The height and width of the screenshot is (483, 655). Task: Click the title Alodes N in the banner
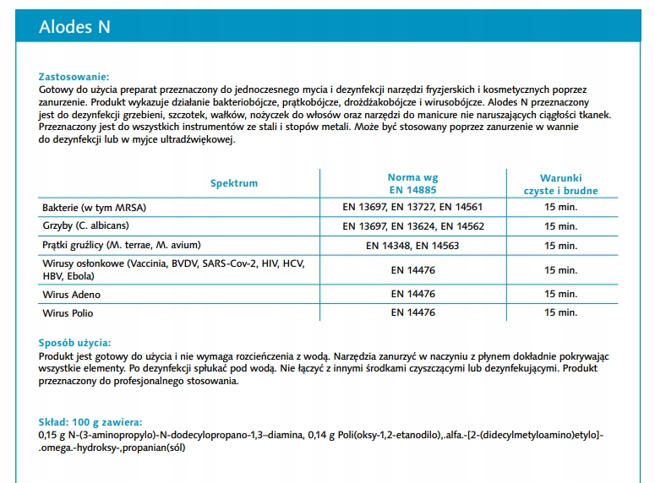(74, 27)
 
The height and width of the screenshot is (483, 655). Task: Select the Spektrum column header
(234, 183)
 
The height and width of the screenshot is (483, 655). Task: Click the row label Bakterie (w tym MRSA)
(100, 207)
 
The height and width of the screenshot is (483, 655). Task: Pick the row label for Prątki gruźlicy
(121, 245)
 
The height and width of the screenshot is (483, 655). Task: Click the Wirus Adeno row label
(71, 294)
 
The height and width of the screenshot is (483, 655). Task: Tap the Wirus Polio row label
(69, 312)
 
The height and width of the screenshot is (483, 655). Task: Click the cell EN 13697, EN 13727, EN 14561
(412, 208)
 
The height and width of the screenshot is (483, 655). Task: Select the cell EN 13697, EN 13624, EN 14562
(412, 226)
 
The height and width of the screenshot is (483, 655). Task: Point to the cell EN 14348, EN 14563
(412, 246)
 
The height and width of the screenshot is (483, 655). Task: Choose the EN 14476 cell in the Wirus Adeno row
(412, 294)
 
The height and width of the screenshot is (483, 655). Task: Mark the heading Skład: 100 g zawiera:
(90, 422)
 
